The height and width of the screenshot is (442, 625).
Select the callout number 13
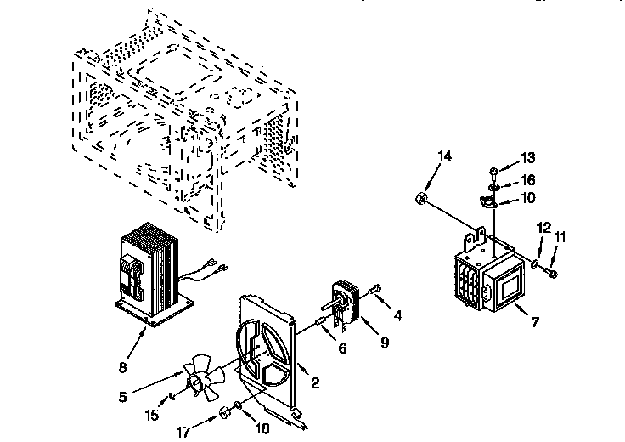tap(528, 157)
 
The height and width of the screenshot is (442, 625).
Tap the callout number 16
tap(528, 180)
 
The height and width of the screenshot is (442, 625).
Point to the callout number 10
tap(528, 200)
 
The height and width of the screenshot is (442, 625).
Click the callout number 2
tap(314, 383)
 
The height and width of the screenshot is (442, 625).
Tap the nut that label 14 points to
tap(421, 199)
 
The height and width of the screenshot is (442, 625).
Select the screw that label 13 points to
tap(493, 170)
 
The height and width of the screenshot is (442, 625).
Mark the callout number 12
tap(543, 228)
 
